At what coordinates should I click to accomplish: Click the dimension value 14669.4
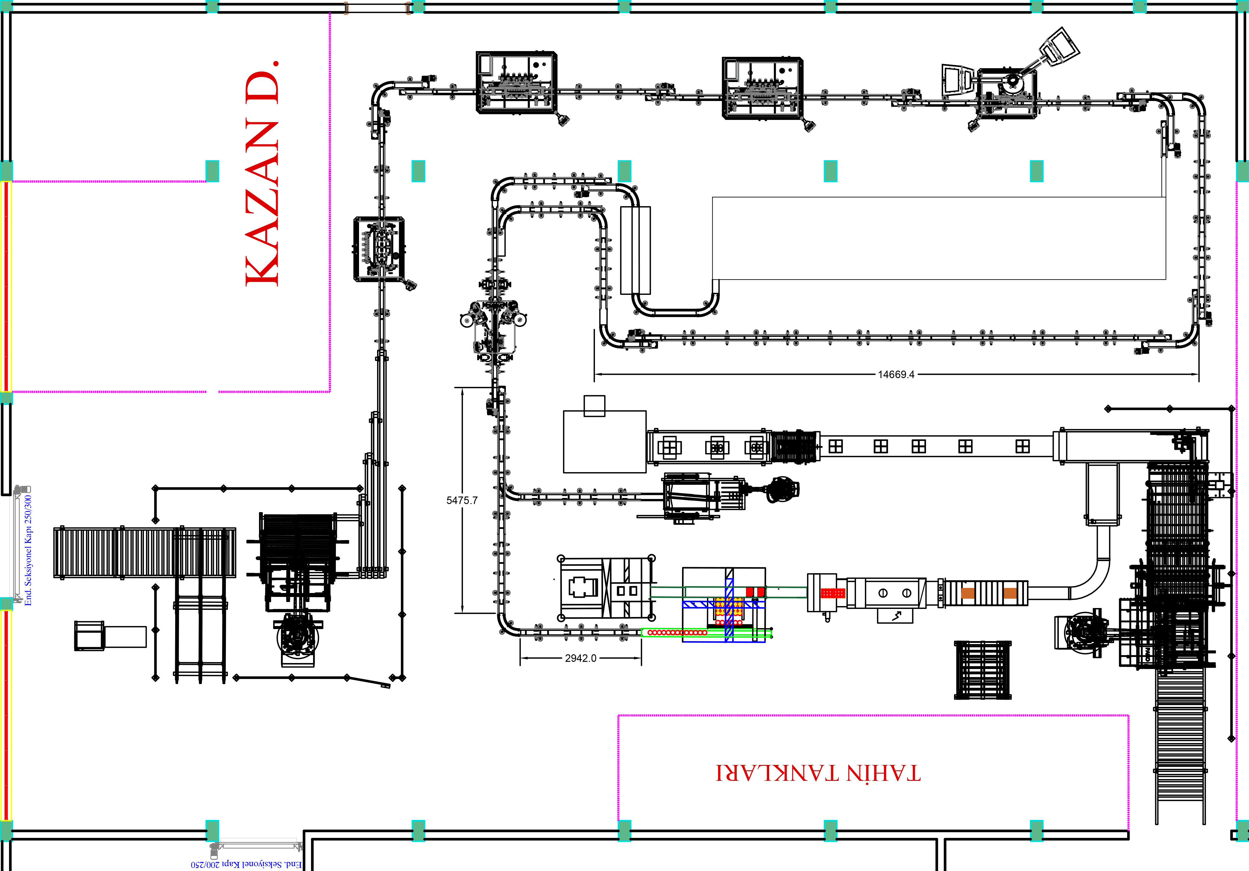point(896,374)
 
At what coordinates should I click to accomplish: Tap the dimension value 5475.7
point(462,500)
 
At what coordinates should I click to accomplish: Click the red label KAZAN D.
point(262,173)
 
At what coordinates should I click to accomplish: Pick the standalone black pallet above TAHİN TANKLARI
point(982,670)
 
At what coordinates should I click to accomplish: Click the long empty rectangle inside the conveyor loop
point(939,238)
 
